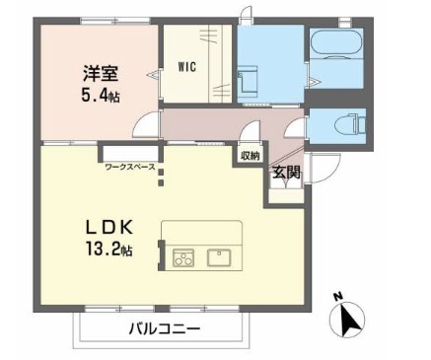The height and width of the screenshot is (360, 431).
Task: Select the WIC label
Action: click(x=187, y=68)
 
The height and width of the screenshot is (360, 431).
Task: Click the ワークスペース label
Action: click(x=129, y=168)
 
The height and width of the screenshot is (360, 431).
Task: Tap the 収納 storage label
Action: click(x=250, y=155)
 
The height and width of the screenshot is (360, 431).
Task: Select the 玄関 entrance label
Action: click(x=286, y=173)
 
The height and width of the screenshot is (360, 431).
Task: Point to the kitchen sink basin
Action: click(x=219, y=258)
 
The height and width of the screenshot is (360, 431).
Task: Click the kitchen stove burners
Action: click(x=183, y=258)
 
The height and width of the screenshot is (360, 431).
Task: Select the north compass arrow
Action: click(x=350, y=320)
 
